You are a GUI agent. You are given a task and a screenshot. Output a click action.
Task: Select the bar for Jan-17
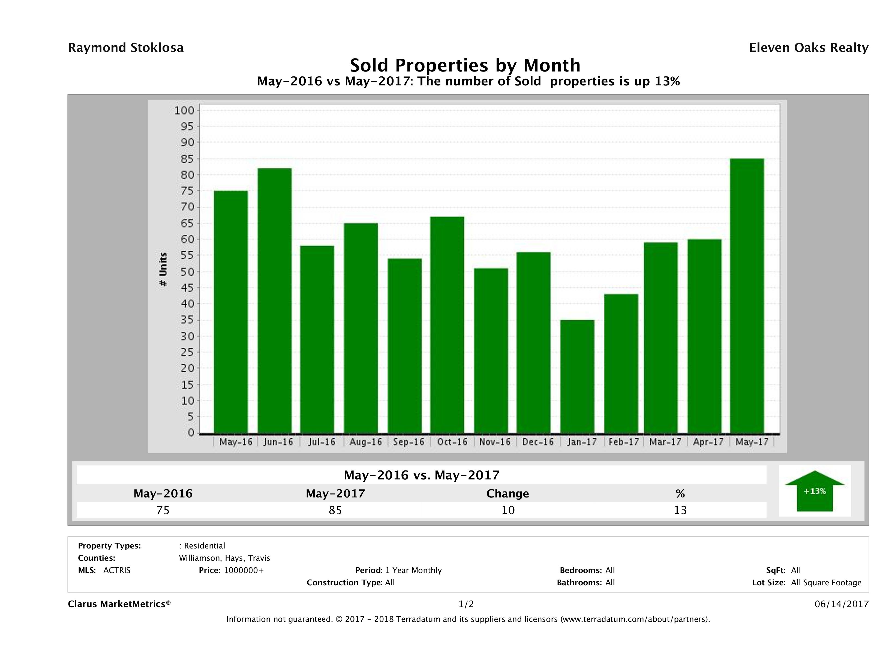(577, 376)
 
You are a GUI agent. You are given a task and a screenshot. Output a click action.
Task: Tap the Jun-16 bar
(275, 300)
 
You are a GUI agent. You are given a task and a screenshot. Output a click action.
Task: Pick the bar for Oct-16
(447, 325)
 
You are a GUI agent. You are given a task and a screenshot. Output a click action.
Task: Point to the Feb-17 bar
(621, 363)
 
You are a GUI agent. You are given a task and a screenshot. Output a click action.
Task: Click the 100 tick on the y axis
(184, 110)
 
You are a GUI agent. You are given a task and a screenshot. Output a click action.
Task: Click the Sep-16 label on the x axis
(409, 442)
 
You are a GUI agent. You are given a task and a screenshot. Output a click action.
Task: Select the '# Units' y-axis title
(163, 270)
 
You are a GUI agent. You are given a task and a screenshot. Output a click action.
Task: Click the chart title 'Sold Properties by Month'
(465, 65)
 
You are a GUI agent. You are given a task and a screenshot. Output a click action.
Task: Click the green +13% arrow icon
(814, 491)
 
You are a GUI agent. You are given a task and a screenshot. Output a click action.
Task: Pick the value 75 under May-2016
(163, 510)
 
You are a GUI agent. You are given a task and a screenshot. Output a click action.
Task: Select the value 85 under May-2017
(335, 510)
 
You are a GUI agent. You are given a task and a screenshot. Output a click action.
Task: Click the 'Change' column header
(508, 494)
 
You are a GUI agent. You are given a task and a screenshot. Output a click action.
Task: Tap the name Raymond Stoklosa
(126, 48)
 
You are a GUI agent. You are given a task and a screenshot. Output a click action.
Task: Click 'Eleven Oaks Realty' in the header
(808, 48)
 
